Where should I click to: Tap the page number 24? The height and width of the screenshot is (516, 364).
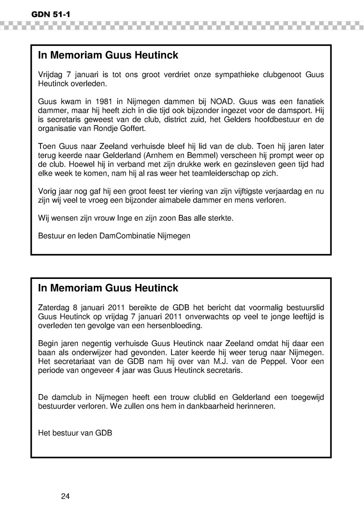[65, 496]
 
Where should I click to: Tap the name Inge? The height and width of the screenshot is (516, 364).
[136, 218]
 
